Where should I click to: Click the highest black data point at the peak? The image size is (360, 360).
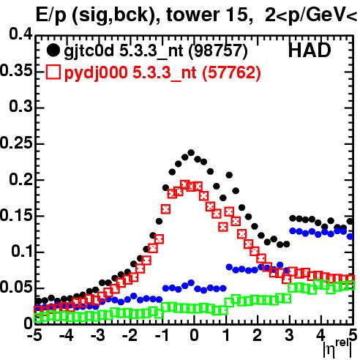pyautogui.click(x=191, y=153)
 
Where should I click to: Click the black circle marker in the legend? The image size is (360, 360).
pyautogui.click(x=53, y=50)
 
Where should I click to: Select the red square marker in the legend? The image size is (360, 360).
pyautogui.click(x=53, y=72)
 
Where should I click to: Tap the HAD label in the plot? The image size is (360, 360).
pyautogui.click(x=310, y=50)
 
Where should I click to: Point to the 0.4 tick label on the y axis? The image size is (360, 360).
pyautogui.click(x=20, y=34)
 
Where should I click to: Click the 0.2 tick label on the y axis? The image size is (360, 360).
pyautogui.click(x=20, y=179)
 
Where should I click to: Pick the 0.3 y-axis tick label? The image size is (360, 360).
pyautogui.click(x=20, y=107)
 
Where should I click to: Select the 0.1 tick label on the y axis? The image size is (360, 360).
pyautogui.click(x=21, y=251)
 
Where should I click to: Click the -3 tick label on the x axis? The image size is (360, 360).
pyautogui.click(x=98, y=336)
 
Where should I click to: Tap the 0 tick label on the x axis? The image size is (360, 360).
pyautogui.click(x=194, y=336)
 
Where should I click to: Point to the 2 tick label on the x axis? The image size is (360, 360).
pyautogui.click(x=258, y=336)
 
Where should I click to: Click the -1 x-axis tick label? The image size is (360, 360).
pyautogui.click(x=162, y=336)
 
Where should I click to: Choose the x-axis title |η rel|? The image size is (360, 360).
pyautogui.click(x=337, y=348)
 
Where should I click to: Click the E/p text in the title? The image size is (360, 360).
pyautogui.click(x=50, y=16)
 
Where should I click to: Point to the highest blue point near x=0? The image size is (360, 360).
pyautogui.click(x=191, y=283)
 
